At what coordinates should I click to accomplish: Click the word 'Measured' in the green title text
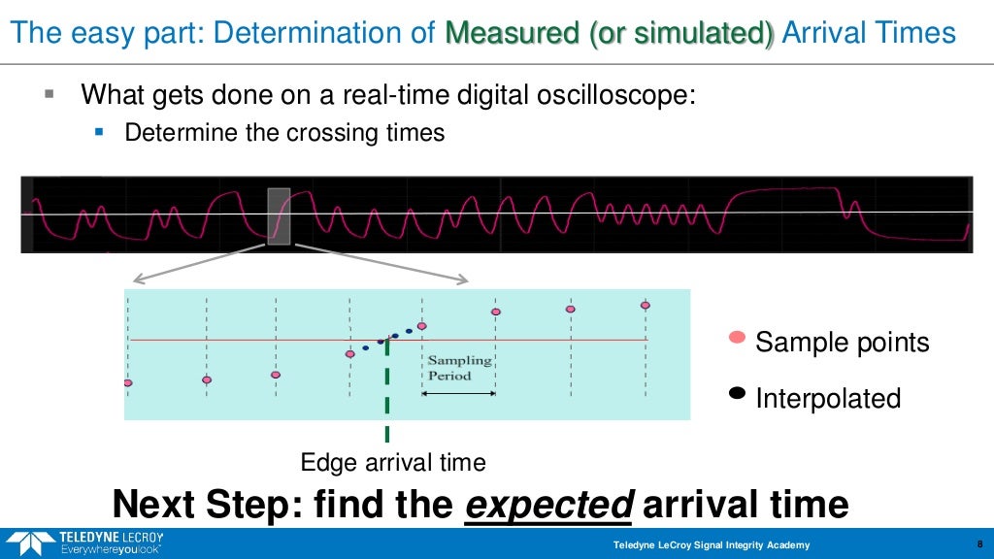click(x=512, y=33)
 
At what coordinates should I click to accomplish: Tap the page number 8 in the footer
click(x=977, y=544)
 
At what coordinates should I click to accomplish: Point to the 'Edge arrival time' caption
click(x=393, y=462)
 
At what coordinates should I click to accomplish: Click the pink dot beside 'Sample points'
click(x=737, y=338)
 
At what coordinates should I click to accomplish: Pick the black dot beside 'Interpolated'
click(x=737, y=393)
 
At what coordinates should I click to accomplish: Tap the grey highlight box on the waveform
click(x=279, y=215)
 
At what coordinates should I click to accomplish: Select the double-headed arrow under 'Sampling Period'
click(x=458, y=393)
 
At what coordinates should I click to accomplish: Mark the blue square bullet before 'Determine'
click(x=98, y=129)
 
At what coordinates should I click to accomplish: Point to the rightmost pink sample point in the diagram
click(x=645, y=305)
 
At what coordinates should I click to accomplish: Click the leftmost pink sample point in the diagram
click(x=127, y=383)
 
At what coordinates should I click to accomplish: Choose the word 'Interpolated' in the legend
click(x=828, y=399)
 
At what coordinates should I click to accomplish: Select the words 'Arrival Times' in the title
click(x=869, y=33)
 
